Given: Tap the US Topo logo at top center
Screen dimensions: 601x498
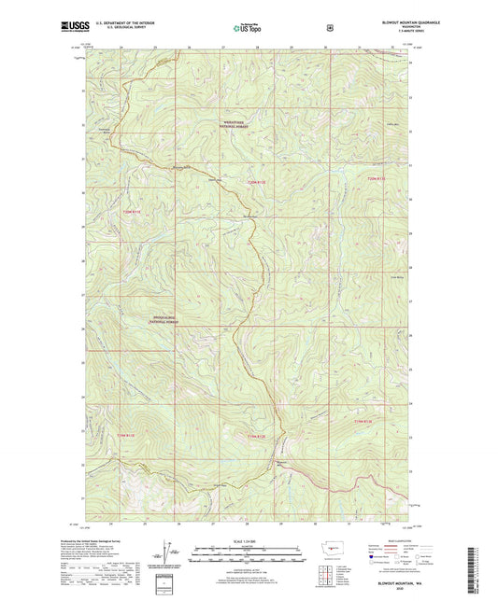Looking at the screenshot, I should coord(248,29).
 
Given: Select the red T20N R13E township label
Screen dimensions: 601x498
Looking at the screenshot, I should coord(258,181).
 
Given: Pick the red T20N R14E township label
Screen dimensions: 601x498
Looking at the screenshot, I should coord(374,179).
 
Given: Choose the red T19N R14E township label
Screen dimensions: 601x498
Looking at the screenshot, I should coord(369,424).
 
